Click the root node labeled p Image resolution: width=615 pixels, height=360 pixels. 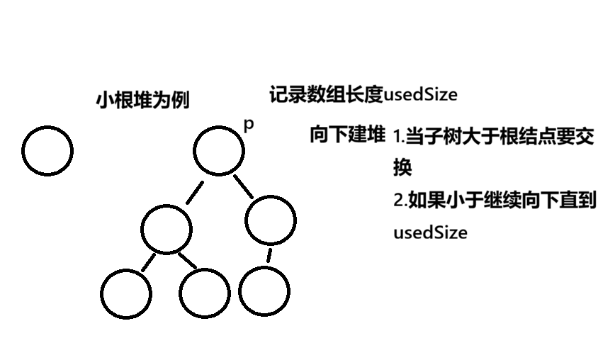(219, 150)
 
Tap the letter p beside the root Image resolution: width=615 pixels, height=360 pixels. (248, 125)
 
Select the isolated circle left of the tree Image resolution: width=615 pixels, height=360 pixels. (47, 150)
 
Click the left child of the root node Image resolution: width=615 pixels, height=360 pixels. (166, 228)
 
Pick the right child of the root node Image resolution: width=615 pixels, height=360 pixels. (271, 220)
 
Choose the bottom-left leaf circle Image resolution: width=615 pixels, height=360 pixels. (126, 293)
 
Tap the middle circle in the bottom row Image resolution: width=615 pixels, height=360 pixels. (205, 293)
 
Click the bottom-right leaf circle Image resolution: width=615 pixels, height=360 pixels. (264, 292)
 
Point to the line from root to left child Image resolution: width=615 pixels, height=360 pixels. (194, 192)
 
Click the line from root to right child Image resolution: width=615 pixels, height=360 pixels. (243, 186)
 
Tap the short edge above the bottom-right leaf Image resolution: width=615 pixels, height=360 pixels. (269, 254)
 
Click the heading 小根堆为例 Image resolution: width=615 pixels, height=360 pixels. (142, 100)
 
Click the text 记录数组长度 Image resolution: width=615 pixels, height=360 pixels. (326, 94)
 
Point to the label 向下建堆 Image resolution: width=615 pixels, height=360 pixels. (347, 135)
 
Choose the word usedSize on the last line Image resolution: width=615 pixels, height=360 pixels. (430, 232)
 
